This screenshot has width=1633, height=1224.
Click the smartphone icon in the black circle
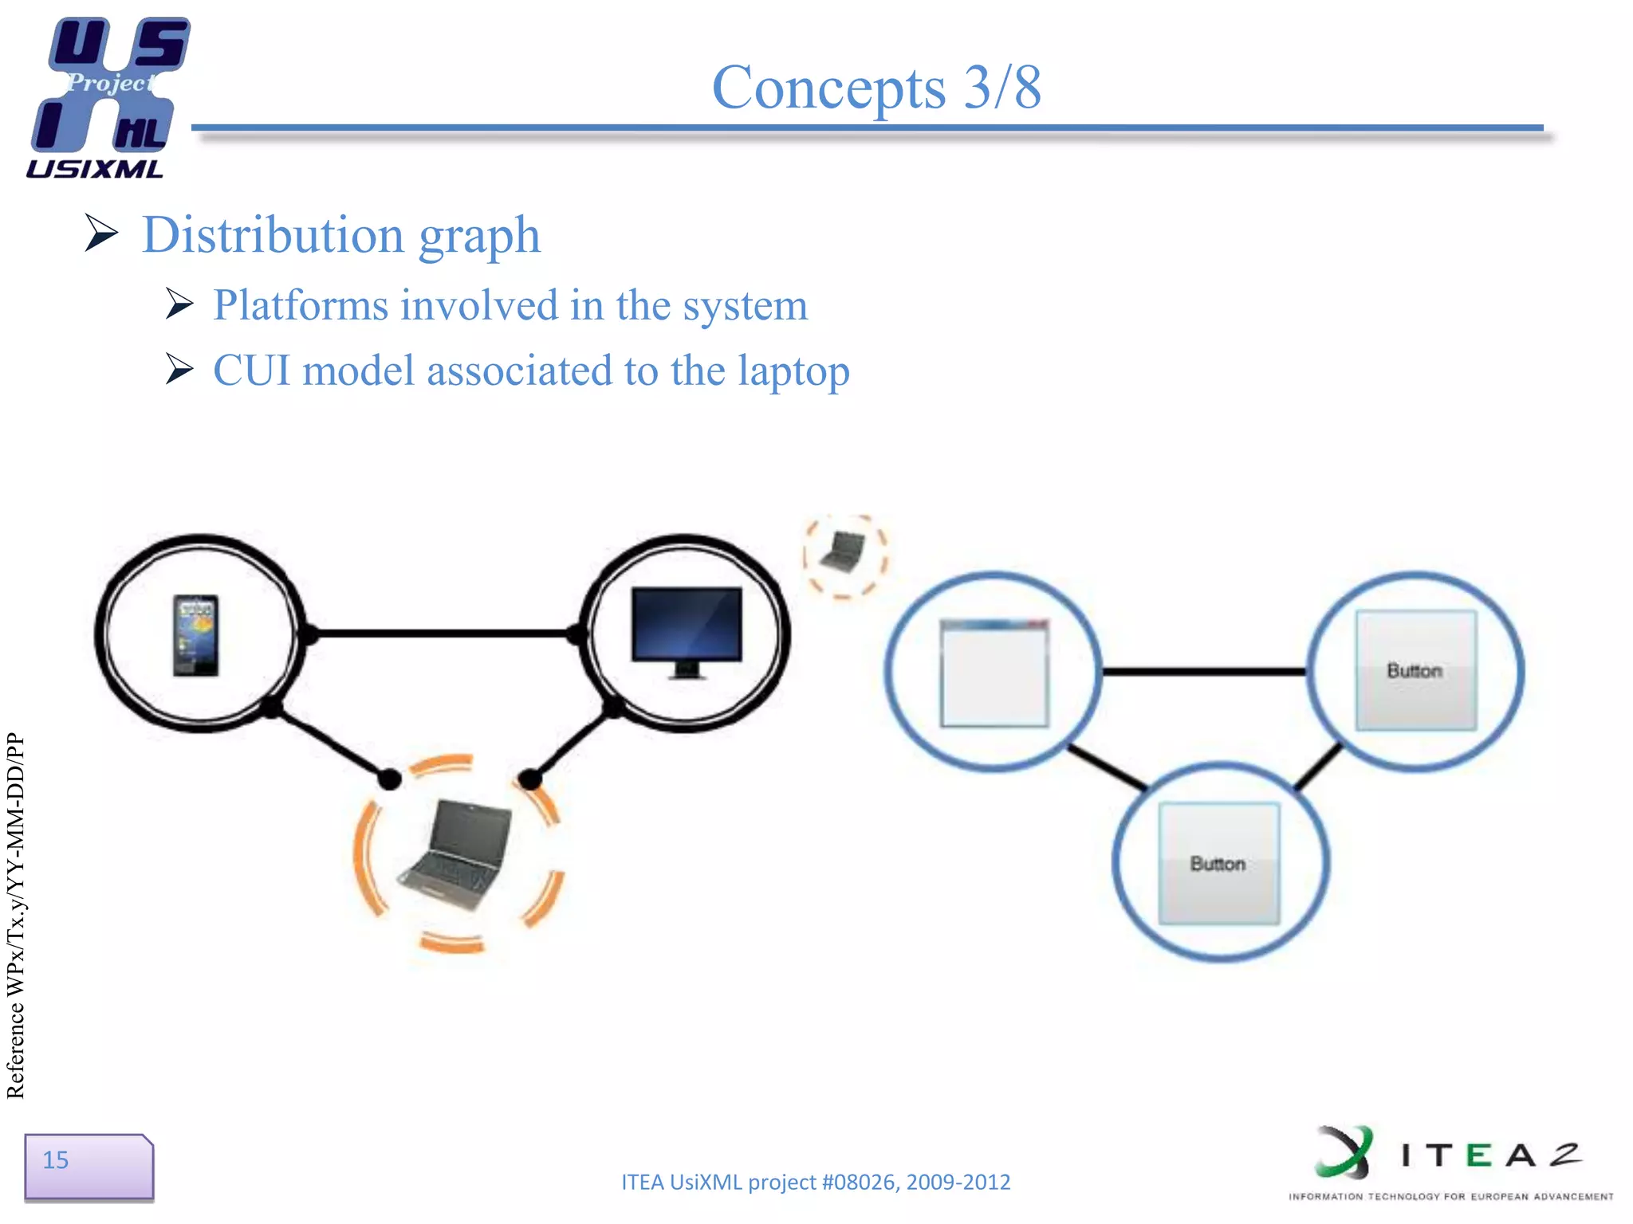(x=196, y=634)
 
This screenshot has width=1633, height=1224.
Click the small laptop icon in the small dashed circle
(x=844, y=553)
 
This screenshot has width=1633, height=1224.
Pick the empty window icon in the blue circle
(x=994, y=673)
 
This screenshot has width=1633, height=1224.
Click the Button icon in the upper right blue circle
(x=1415, y=670)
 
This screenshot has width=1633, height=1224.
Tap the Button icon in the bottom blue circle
(x=1218, y=863)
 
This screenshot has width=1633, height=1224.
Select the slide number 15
(x=56, y=1159)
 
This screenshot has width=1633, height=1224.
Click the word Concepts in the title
(x=828, y=88)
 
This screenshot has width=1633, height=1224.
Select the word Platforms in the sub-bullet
(x=301, y=305)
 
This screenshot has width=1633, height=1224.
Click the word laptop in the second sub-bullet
(x=793, y=371)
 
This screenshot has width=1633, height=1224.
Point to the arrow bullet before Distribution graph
(x=101, y=233)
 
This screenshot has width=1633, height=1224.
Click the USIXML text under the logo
(x=94, y=169)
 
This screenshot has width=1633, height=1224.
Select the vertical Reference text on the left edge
(x=16, y=916)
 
